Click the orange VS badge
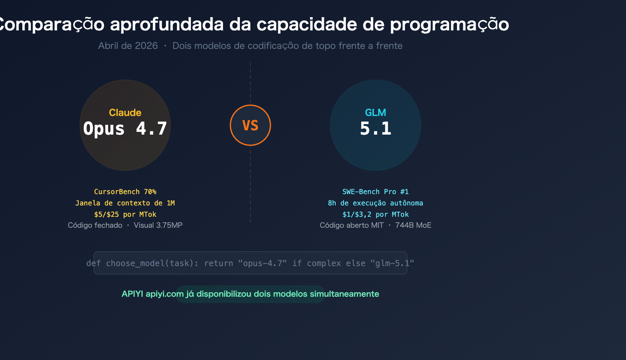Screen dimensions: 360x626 [x=250, y=125]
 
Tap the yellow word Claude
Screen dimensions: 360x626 [x=125, y=113]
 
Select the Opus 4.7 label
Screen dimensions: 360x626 [x=125, y=129]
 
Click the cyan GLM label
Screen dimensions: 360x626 [x=376, y=113]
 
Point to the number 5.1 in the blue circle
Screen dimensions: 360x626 [x=376, y=129]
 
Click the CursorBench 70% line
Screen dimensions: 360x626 [x=125, y=192]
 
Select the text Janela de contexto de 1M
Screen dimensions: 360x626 [x=125, y=203]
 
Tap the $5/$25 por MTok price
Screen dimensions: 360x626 [x=125, y=214]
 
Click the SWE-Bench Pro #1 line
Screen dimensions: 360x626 [x=376, y=192]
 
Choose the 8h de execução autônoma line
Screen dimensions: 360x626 [x=376, y=203]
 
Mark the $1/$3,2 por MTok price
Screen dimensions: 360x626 [x=376, y=214]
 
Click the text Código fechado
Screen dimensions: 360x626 [x=95, y=225]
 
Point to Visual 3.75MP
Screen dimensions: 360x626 [x=158, y=225]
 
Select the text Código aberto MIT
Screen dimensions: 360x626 [x=352, y=225]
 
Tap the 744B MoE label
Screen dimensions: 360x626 [x=413, y=225]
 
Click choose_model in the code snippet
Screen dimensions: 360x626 [x=135, y=263]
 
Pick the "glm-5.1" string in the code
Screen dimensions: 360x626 [x=392, y=263]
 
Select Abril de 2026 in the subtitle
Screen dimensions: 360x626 [x=128, y=46]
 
